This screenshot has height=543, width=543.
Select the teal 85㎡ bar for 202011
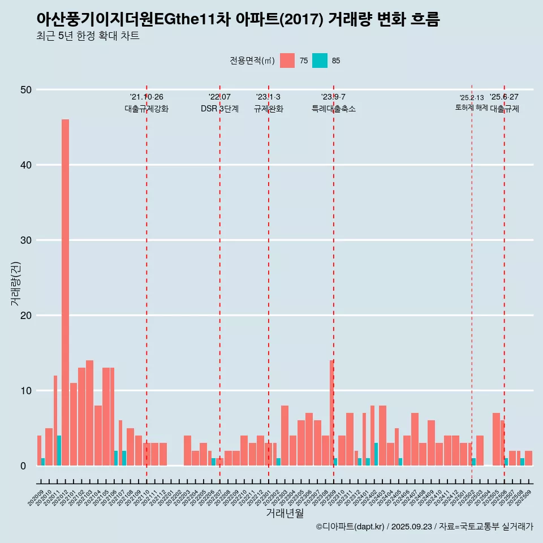click(59, 451)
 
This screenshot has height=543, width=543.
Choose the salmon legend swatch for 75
click(287, 61)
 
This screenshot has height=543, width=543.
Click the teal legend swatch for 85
click(320, 61)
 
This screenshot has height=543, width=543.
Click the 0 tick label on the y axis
click(24, 466)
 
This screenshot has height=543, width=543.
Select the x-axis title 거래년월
click(285, 514)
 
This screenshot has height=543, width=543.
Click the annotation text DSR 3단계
click(219, 109)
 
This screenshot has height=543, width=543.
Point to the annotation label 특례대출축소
click(334, 109)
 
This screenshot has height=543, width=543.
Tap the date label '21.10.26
click(146, 97)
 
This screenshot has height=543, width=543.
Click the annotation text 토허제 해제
click(471, 107)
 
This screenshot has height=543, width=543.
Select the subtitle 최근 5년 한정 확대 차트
click(88, 36)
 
